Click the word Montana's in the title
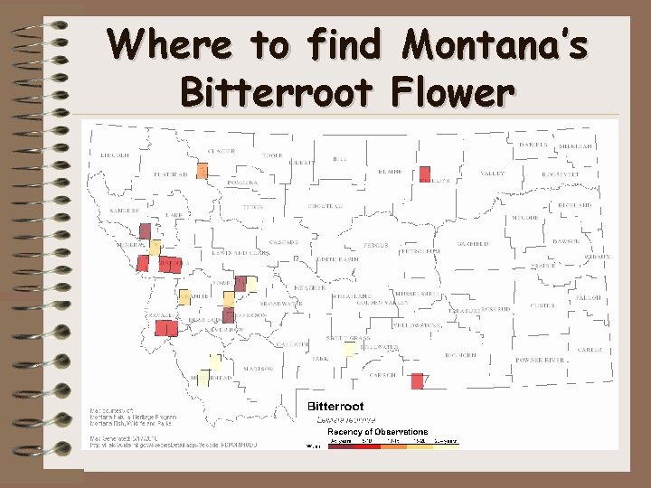point(495,43)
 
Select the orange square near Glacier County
point(202,170)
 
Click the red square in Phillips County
point(425,174)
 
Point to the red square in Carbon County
point(417,381)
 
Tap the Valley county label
point(493,174)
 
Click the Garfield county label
point(472,244)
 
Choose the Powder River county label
point(541,360)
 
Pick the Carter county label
point(590,350)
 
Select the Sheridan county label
point(575,146)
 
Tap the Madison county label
point(258,369)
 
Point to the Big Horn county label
point(461,355)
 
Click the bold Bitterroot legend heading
point(335,407)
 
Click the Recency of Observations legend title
point(371,432)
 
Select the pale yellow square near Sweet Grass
point(350,349)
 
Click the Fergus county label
point(375,245)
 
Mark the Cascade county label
point(284,243)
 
